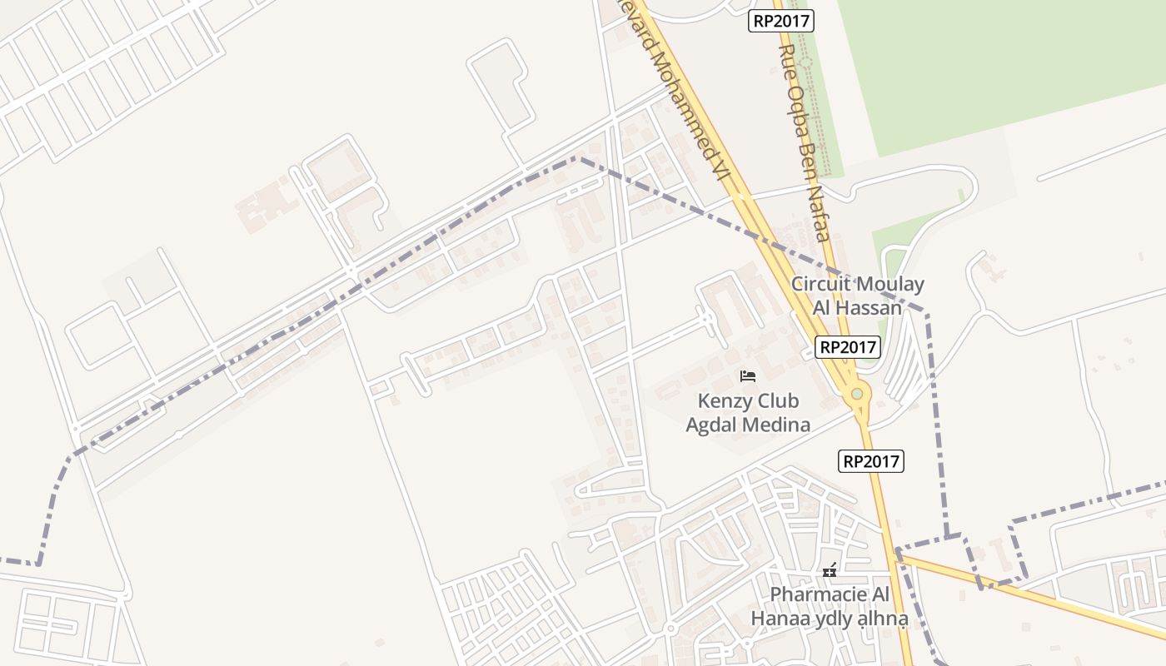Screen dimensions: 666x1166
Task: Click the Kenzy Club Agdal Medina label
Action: (747, 413)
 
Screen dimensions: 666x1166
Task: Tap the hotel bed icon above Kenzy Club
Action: (747, 376)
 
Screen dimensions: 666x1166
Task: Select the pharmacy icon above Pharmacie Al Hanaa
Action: (829, 571)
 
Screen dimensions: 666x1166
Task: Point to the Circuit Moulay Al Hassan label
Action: (857, 296)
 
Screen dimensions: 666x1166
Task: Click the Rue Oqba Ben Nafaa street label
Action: (804, 142)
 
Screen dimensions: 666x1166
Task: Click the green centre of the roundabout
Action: (856, 393)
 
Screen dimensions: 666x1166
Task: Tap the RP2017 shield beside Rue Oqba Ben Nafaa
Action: (780, 22)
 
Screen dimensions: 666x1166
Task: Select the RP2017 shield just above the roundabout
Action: (847, 347)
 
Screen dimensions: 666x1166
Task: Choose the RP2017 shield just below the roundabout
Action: (871, 460)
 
